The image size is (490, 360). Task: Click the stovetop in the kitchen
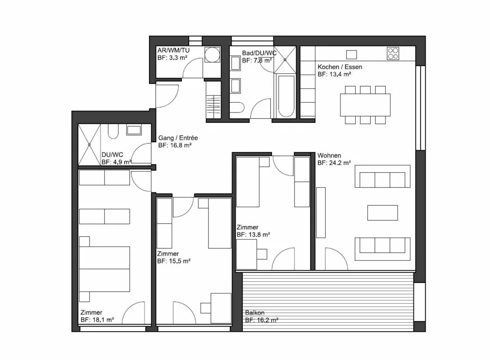coord(393,54)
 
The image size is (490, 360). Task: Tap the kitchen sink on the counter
coord(352,54)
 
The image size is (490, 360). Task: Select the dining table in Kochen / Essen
coord(365,105)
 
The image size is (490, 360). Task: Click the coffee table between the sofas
coord(382,213)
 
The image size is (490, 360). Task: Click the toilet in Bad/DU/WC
coord(236,108)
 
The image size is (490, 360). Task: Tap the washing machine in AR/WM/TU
coord(212,54)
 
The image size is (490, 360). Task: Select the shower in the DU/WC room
coord(89,145)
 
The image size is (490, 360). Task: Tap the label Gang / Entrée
coord(178,138)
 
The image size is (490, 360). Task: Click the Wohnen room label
coord(329,155)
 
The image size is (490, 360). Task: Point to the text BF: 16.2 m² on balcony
coord(262,320)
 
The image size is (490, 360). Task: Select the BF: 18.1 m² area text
coord(97,319)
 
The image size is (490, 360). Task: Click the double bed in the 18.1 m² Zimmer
coord(104,269)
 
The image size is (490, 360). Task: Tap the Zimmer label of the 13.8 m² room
coord(248,227)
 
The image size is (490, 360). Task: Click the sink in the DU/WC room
coord(134,130)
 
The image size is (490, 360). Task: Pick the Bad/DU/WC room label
coord(259,53)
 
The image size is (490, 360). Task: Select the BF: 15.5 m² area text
coord(174,261)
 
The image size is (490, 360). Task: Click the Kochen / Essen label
coord(340,67)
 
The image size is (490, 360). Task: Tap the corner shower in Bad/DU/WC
coord(285,60)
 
